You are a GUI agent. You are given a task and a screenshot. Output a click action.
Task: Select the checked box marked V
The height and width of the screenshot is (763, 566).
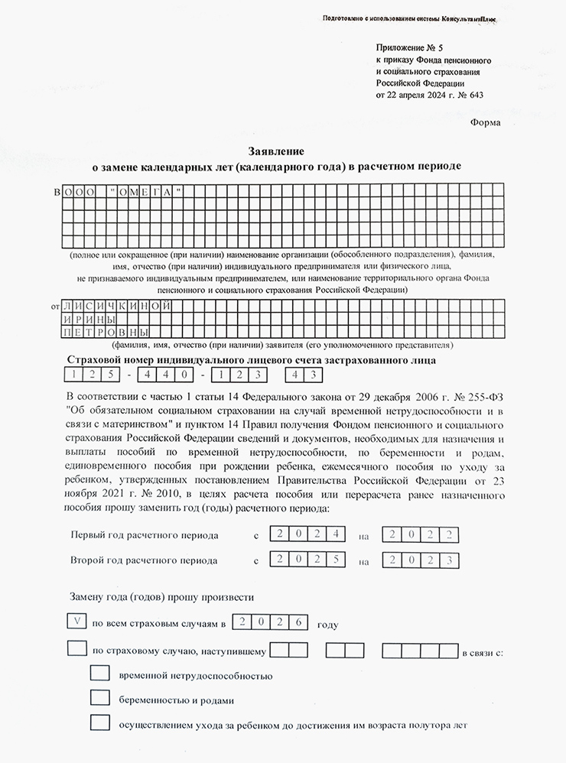(x=77, y=622)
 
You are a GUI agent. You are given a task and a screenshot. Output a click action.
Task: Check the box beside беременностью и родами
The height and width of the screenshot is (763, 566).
(x=100, y=698)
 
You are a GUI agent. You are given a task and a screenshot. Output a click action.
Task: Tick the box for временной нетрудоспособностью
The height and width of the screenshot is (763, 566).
(x=100, y=674)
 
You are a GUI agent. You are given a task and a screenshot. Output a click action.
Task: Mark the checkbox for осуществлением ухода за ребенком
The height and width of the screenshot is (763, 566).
(x=100, y=722)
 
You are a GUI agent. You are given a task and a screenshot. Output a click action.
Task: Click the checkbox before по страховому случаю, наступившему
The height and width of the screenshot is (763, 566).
(x=77, y=649)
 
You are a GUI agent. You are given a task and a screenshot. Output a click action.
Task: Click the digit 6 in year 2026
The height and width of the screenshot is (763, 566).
(x=299, y=622)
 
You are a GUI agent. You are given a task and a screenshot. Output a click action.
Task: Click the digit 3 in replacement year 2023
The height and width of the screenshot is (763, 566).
(x=453, y=559)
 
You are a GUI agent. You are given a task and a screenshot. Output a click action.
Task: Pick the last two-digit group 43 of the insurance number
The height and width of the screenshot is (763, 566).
(x=304, y=375)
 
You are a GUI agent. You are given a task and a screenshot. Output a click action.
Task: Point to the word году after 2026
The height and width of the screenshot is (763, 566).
(x=327, y=624)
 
